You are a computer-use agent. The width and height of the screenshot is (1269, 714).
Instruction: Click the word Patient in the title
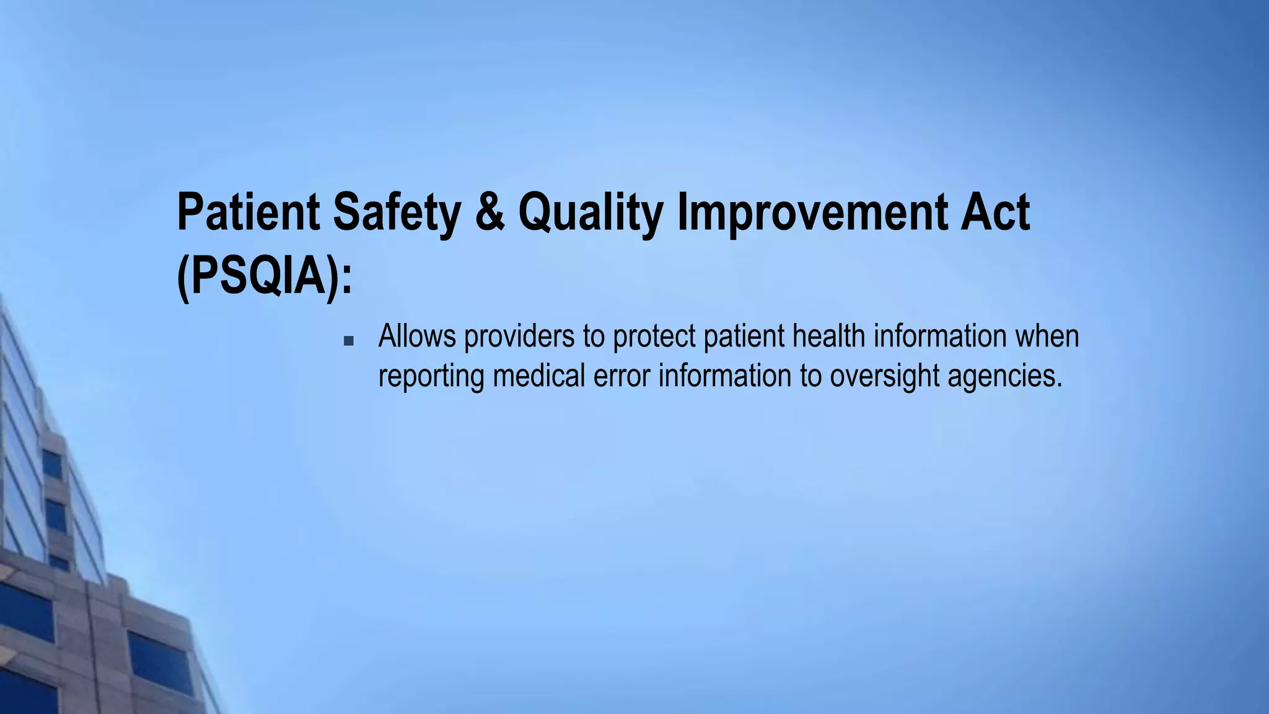click(x=248, y=212)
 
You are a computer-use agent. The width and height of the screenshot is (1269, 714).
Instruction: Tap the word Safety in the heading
click(x=397, y=212)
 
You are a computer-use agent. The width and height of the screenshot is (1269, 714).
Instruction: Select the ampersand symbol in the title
click(x=490, y=212)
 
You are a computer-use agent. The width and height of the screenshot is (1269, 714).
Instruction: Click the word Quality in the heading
click(x=590, y=212)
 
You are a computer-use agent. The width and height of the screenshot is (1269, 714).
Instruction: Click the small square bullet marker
click(x=348, y=340)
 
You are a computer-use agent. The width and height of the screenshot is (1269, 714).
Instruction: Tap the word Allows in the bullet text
click(x=417, y=336)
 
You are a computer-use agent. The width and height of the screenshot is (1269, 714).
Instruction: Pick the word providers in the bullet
click(x=519, y=337)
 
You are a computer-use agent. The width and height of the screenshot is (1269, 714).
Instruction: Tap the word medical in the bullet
click(x=538, y=376)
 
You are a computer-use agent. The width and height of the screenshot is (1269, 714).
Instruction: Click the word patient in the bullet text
click(x=744, y=337)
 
